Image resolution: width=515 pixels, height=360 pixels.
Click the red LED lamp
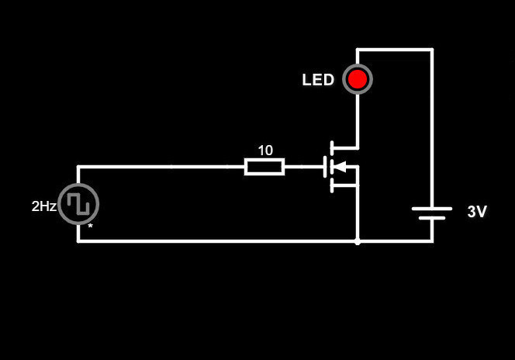(358, 79)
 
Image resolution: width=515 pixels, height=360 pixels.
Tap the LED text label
(318, 80)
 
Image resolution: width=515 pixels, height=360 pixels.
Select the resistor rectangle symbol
(264, 166)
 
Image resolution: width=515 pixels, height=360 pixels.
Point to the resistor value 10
(265, 151)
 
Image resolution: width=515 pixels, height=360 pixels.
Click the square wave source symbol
(78, 203)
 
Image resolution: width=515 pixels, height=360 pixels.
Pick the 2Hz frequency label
(43, 206)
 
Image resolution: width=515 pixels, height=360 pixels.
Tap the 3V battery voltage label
(477, 212)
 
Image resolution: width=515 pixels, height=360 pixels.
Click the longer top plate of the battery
(432, 208)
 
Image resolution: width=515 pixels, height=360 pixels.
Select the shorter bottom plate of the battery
(432, 218)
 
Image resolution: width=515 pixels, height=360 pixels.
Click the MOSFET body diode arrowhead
(340, 166)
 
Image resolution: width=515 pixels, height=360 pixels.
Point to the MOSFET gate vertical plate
(325, 166)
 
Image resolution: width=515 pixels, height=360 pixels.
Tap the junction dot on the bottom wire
(358, 241)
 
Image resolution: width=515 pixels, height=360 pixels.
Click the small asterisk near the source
(90, 227)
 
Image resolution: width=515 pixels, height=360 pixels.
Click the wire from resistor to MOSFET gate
(303, 166)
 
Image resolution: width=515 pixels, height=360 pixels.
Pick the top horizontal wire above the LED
(394, 50)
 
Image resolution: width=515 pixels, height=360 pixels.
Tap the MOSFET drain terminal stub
(345, 147)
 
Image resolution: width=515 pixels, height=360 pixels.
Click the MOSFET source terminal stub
(345, 185)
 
